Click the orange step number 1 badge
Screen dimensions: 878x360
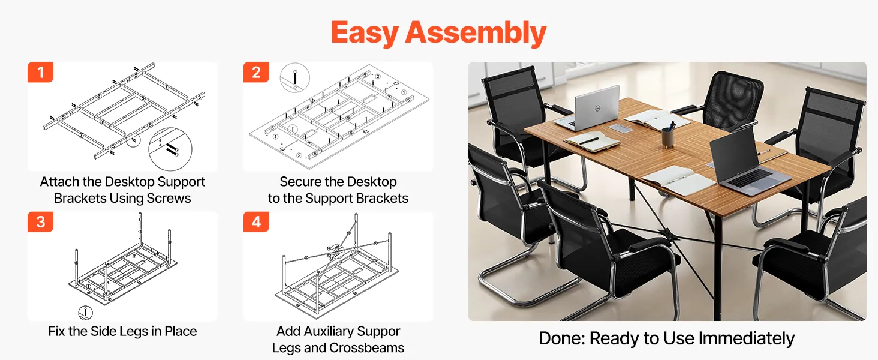point(40,72)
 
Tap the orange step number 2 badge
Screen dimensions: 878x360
point(256,72)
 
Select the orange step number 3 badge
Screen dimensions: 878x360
point(40,222)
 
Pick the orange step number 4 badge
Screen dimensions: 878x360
point(256,222)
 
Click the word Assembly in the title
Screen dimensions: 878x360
point(476,33)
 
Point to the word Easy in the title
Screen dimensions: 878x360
point(365,33)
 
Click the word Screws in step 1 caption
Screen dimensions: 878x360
point(169,199)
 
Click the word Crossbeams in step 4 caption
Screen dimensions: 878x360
point(366,348)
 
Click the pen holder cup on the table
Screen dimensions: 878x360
point(667,137)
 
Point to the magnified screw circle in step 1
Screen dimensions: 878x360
point(170,149)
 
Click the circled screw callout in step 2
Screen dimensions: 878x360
point(294,77)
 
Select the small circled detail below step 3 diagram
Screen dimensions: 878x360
point(85,313)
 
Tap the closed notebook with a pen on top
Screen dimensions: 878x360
point(591,141)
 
